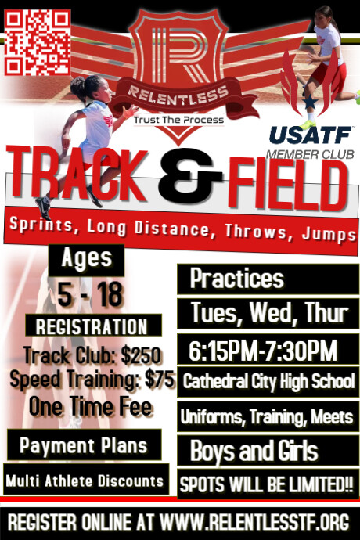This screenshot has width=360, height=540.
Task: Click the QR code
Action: (x=38, y=42)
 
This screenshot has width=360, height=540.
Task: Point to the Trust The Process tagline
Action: (x=178, y=120)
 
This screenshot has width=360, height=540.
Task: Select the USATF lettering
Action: (x=300, y=135)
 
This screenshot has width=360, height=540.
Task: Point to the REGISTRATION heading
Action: (x=92, y=326)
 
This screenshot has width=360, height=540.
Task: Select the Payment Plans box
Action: (x=83, y=445)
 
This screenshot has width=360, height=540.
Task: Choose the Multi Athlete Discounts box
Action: (x=85, y=479)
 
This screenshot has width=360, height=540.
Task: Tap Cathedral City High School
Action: (x=268, y=383)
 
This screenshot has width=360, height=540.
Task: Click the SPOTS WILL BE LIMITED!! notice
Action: (x=266, y=483)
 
